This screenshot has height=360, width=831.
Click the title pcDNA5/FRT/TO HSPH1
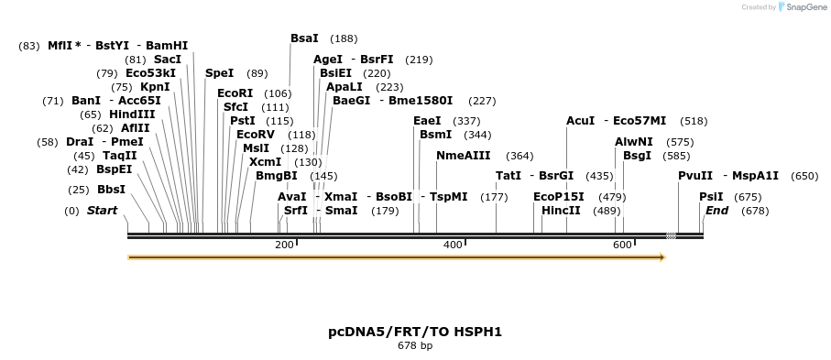click(415, 332)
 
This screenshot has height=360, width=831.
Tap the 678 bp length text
click(415, 346)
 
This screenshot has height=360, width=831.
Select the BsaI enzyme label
click(304, 38)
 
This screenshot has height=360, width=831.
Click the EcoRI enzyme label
click(235, 93)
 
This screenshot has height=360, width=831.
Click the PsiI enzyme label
click(711, 197)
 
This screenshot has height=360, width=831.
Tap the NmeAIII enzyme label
click(464, 156)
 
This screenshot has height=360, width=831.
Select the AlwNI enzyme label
click(634, 142)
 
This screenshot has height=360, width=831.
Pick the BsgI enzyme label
click(637, 156)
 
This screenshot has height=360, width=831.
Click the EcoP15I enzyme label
click(559, 197)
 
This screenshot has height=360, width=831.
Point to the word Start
click(103, 211)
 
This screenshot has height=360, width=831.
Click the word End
click(716, 211)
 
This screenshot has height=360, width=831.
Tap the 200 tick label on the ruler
click(284, 245)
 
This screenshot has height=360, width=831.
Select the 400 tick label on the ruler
click(453, 245)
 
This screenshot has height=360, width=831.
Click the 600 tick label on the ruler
click(622, 245)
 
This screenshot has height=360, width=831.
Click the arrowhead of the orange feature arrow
click(662, 257)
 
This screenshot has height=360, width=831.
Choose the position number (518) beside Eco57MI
click(694, 121)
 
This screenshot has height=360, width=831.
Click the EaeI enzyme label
click(427, 121)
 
